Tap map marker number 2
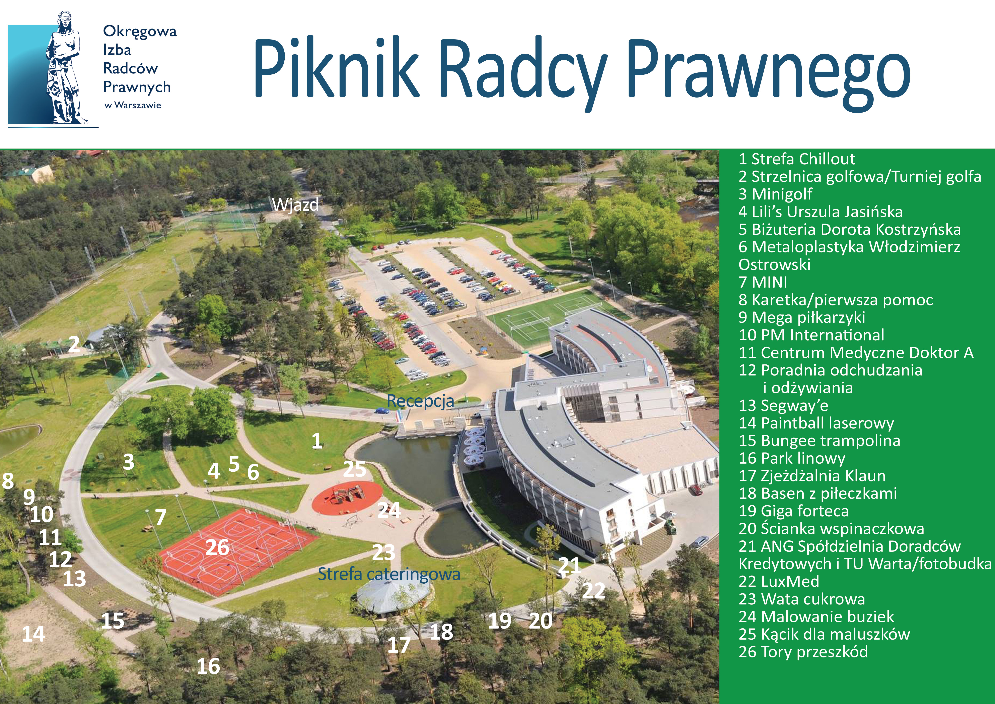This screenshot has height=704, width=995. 74,345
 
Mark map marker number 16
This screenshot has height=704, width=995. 208,666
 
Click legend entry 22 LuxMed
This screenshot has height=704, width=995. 779,581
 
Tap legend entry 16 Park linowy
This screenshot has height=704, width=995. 792,458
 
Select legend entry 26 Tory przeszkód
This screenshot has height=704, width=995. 803,652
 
